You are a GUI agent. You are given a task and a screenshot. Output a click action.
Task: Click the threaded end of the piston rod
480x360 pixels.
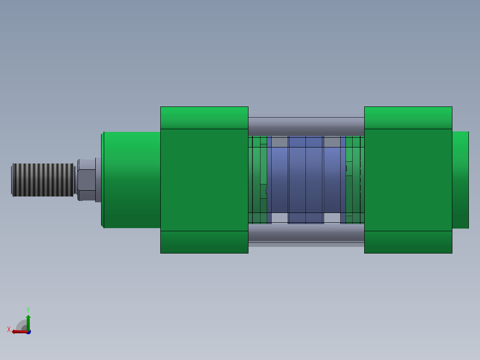pos(43,180)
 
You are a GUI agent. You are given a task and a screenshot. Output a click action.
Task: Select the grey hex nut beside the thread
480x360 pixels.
pos(86,180)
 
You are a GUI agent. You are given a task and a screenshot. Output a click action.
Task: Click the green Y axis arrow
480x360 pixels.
pos(28,323)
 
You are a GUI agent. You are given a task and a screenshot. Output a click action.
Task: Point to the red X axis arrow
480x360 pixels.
pos(20,331)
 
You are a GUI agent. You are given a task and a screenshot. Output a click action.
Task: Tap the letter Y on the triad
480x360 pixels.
pos(28,310)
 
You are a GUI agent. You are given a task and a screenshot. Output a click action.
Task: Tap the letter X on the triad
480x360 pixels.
pos(9,329)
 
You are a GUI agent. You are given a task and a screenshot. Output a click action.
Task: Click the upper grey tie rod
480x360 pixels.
pos(306,127)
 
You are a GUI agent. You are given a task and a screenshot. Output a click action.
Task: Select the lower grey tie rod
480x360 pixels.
pos(306,233)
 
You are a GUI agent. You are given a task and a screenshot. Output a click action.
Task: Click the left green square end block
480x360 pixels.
pos(204,180)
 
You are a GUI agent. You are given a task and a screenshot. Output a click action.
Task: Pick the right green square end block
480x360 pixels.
pos(408,180)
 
